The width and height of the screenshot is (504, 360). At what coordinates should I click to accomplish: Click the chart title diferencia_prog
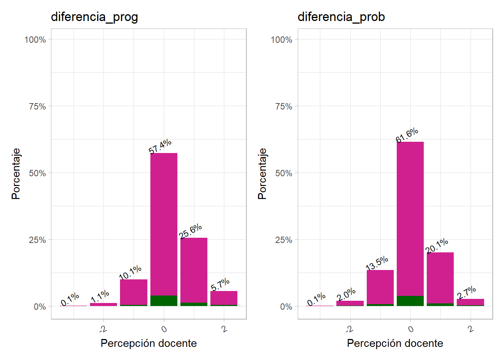point(94,17)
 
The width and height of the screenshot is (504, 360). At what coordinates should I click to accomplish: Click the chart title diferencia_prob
point(341,17)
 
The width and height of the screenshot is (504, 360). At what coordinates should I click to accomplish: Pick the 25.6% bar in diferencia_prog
point(194,270)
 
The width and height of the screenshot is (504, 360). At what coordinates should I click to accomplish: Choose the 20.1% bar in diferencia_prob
point(440,278)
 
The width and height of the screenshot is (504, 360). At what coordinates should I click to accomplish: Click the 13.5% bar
point(380,287)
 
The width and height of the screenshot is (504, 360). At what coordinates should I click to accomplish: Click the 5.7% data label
point(220,285)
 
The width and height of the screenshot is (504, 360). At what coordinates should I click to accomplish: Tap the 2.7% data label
point(466,292)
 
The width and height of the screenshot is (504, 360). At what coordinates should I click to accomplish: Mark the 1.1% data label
point(100,296)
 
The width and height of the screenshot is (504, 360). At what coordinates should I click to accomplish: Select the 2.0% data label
point(346,295)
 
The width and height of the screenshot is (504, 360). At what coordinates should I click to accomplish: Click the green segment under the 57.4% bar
point(164,301)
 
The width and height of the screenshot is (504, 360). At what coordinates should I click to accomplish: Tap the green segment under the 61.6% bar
point(410,301)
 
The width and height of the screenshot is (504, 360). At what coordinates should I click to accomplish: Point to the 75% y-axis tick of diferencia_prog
point(37,106)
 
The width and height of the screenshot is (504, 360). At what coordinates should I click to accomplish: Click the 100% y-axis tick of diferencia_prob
point(281,40)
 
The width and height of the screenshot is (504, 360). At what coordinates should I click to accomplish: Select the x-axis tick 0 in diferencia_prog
point(164,329)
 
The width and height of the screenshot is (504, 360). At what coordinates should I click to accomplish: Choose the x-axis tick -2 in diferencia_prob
point(349,330)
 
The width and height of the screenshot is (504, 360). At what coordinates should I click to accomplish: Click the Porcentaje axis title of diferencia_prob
point(262,174)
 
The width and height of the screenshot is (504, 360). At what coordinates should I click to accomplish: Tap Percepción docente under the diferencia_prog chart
point(148,343)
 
